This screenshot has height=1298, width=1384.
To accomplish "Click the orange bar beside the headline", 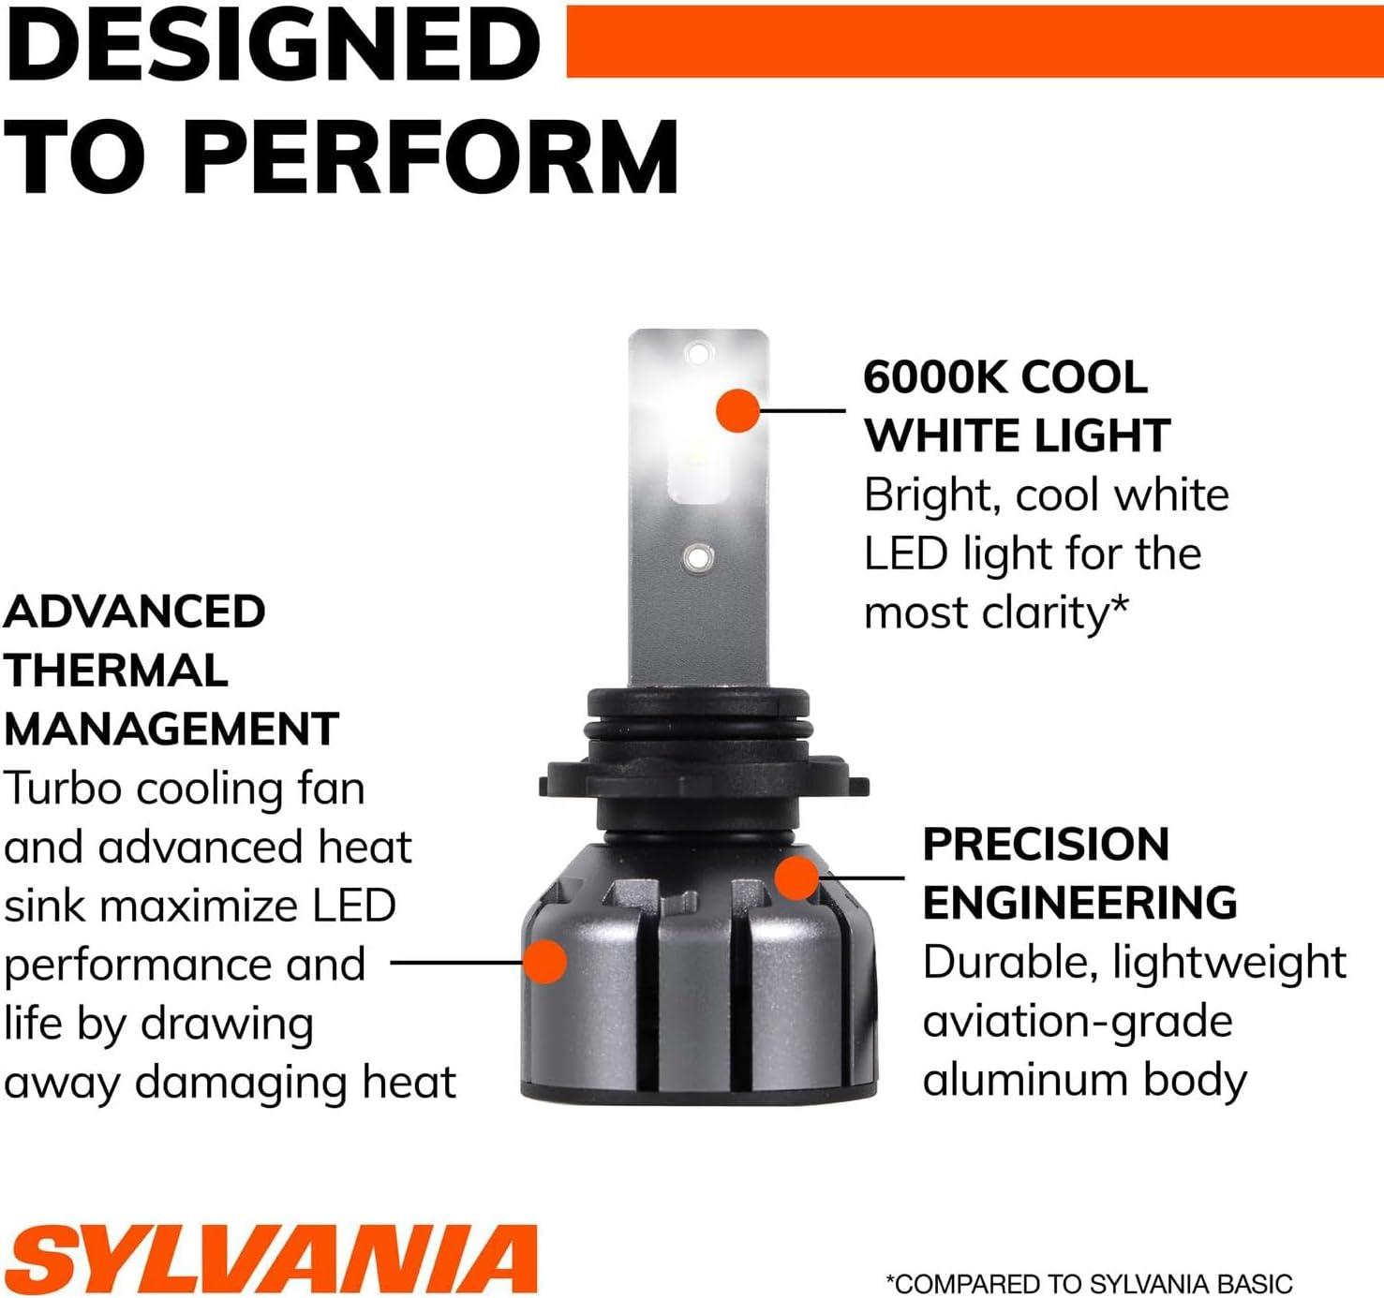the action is pyautogui.click(x=975, y=41).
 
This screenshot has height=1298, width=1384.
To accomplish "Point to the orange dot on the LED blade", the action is pyautogui.click(x=737, y=410).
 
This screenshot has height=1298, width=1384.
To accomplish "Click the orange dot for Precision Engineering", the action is pyautogui.click(x=796, y=878).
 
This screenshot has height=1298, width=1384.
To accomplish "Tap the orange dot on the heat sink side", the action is pyautogui.click(x=545, y=962).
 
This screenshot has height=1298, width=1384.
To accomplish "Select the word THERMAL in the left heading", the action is pyautogui.click(x=116, y=671).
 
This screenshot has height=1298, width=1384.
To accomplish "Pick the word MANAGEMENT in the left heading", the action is pyautogui.click(x=171, y=729).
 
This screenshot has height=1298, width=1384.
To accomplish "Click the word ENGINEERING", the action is pyautogui.click(x=1080, y=902).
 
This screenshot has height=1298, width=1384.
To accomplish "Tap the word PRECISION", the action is pyautogui.click(x=1046, y=844).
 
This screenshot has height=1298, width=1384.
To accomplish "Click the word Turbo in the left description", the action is pyautogui.click(x=64, y=788).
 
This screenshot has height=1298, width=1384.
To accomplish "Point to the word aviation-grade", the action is pyautogui.click(x=1079, y=1023).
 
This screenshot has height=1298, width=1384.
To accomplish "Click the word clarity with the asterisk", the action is pyautogui.click(x=1053, y=613).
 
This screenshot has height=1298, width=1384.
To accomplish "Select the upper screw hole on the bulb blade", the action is pyautogui.click(x=697, y=351).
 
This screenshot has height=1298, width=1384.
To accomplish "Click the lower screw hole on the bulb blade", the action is pyautogui.click(x=697, y=556).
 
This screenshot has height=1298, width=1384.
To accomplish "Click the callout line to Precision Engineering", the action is pyautogui.click(x=861, y=878).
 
